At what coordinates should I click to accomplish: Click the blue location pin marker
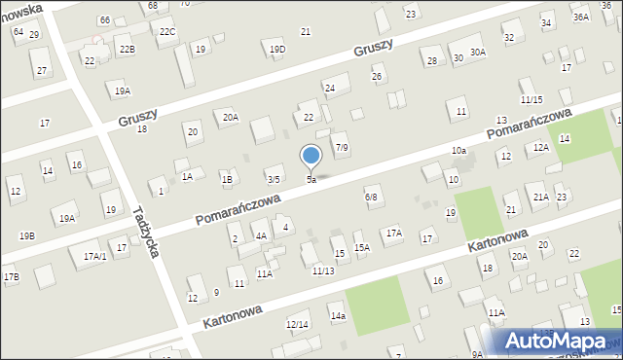[311, 157]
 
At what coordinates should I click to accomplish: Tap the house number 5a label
[311, 180]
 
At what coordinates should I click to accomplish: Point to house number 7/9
[342, 147]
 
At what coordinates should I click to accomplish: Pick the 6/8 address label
[371, 198]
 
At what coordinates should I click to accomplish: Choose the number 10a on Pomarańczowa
[458, 151]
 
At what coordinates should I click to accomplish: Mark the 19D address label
[277, 50]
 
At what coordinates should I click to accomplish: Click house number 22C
[167, 32]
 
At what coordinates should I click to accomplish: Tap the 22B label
[127, 49]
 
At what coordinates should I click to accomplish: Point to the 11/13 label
[323, 270]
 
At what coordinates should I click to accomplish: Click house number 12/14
[297, 324]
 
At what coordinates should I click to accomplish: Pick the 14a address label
[338, 316]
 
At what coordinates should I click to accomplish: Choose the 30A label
[477, 52]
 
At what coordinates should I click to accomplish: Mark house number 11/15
[531, 100]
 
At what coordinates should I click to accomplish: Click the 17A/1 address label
[94, 256]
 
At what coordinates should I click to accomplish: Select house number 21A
[540, 197]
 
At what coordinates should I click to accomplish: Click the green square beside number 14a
[377, 305]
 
